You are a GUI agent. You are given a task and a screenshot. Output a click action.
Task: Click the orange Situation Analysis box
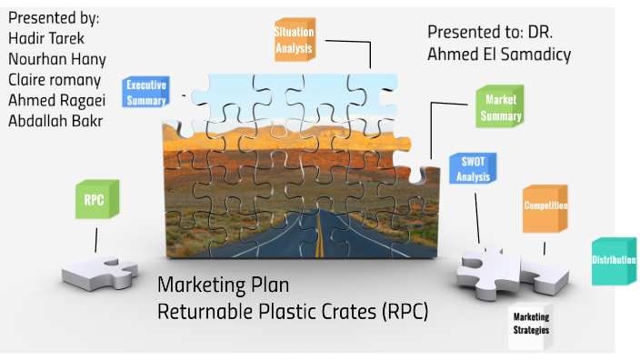click(x=294, y=39)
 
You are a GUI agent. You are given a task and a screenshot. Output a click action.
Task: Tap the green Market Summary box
click(x=501, y=107)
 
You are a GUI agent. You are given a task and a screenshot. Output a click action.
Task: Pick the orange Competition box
click(x=545, y=206)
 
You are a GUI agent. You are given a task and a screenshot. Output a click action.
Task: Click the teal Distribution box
click(x=615, y=261)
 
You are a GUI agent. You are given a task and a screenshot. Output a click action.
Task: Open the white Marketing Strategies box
click(x=531, y=324)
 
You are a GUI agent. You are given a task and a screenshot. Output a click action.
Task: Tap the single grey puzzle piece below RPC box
click(x=99, y=271)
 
